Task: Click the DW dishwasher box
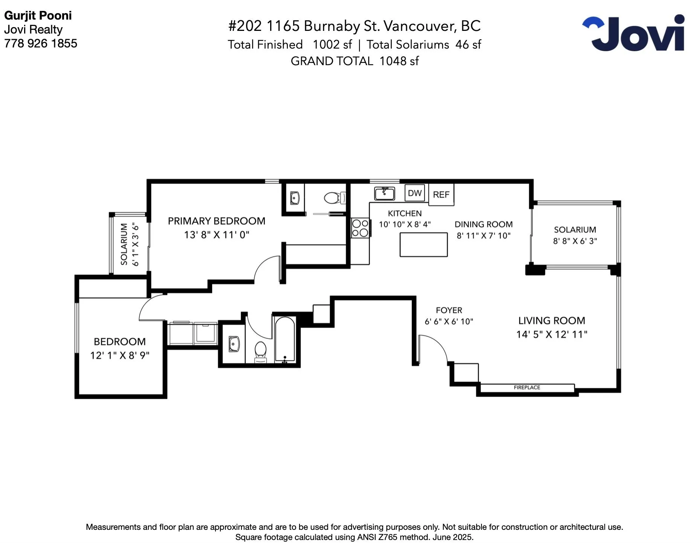(x=415, y=193)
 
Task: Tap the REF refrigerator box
(x=441, y=195)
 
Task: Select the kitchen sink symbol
(x=384, y=193)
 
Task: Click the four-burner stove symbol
(x=360, y=228)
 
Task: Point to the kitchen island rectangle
(x=423, y=245)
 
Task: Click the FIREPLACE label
(x=527, y=387)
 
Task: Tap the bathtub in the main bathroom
(x=285, y=340)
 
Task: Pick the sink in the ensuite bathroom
(x=295, y=198)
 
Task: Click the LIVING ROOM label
(x=552, y=320)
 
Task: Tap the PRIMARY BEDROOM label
(x=217, y=221)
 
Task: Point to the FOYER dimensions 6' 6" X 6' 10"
(x=449, y=321)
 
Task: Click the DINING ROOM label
(x=484, y=224)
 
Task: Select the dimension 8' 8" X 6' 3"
(x=575, y=241)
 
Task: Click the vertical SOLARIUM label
(x=124, y=244)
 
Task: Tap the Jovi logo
(x=633, y=33)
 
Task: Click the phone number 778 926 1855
(x=41, y=43)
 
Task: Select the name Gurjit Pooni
(x=38, y=15)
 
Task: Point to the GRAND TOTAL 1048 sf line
(x=355, y=61)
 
